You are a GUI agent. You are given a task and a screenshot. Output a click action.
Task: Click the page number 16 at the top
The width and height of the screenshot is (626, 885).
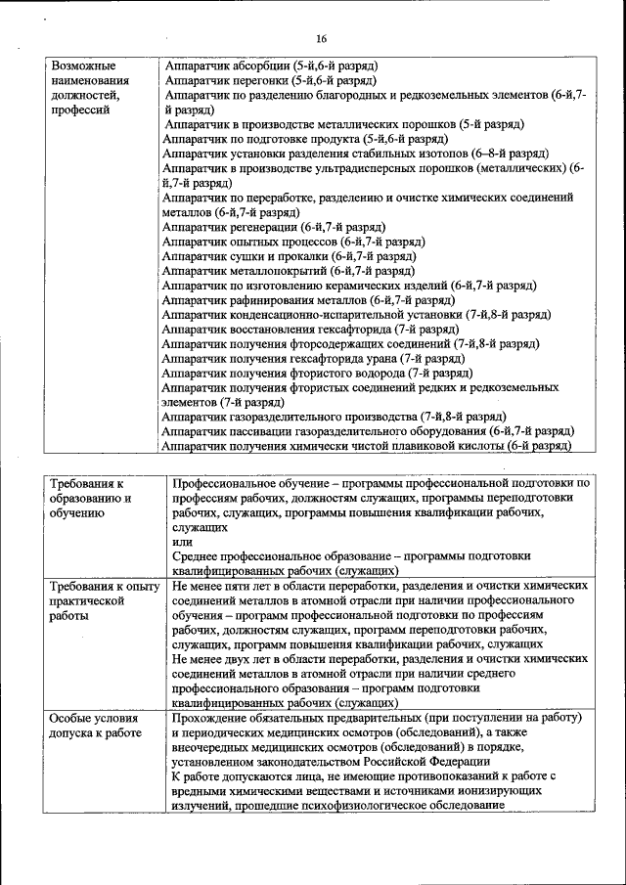click(x=320, y=38)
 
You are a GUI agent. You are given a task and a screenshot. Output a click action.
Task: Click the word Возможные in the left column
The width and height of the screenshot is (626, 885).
click(x=84, y=65)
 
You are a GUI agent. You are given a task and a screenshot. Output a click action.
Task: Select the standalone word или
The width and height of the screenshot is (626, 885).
click(x=181, y=541)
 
